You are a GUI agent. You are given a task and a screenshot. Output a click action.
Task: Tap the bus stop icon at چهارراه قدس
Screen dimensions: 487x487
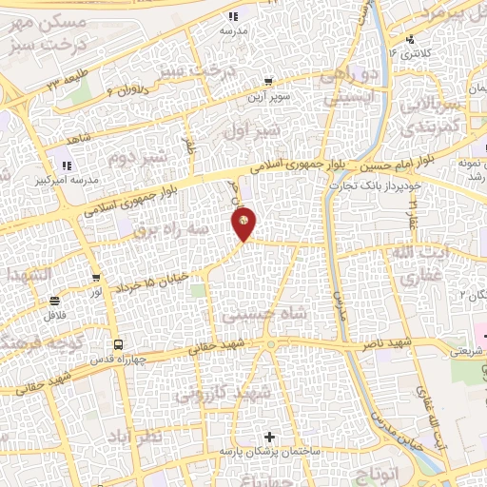click(117, 344)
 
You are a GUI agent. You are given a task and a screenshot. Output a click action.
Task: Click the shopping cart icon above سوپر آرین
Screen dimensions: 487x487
click(270, 82)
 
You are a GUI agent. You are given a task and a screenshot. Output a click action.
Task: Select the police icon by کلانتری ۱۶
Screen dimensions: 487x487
click(410, 39)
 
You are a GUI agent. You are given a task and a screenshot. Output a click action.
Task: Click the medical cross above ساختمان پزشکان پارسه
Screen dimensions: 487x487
click(271, 438)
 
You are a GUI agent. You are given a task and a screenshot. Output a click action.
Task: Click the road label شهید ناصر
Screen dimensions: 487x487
click(419, 341)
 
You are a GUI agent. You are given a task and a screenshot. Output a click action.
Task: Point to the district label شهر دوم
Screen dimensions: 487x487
click(138, 155)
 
